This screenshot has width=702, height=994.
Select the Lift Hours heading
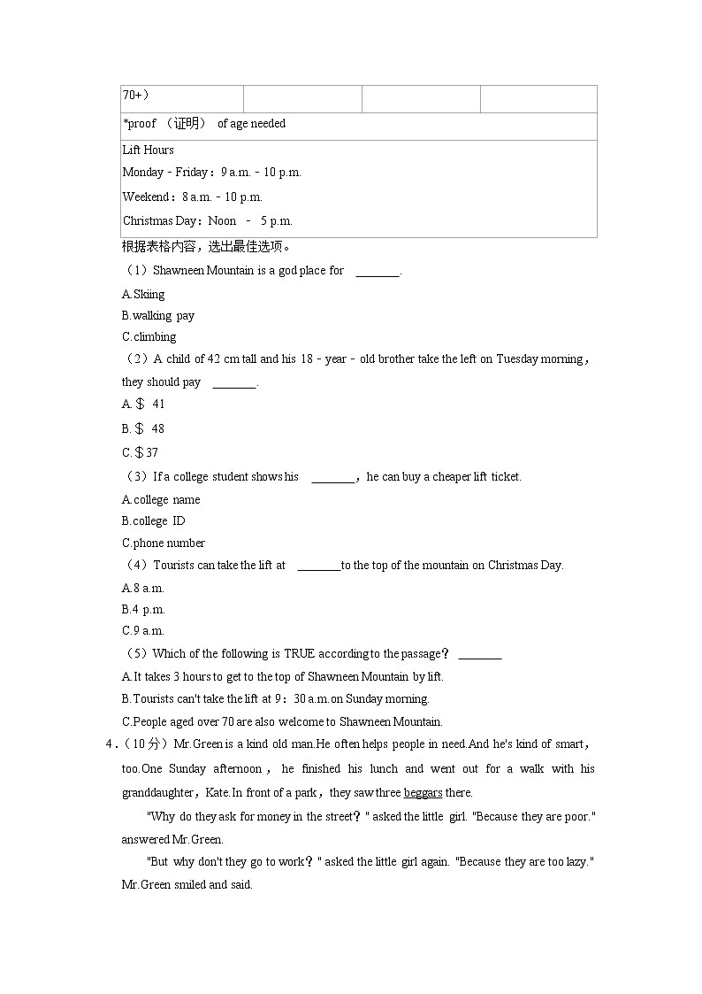point(149,150)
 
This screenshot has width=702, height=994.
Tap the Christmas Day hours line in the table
point(207,220)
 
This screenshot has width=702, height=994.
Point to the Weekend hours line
point(192,196)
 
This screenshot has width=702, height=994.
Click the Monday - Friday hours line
point(211,173)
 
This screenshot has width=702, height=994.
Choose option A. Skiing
point(143,294)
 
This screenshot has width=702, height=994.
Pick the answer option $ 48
point(143,428)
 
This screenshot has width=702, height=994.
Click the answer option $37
point(141,452)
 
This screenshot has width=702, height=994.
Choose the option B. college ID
point(154,520)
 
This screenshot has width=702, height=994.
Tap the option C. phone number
point(164,543)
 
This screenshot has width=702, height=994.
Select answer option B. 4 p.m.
point(143,609)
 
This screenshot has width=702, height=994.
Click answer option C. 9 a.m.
point(143,630)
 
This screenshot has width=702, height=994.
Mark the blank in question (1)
point(378,272)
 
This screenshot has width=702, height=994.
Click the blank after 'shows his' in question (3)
point(333,477)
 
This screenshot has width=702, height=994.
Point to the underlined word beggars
point(423,792)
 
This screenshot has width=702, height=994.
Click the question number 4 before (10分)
point(108,744)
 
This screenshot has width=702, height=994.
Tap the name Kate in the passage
point(217,792)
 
